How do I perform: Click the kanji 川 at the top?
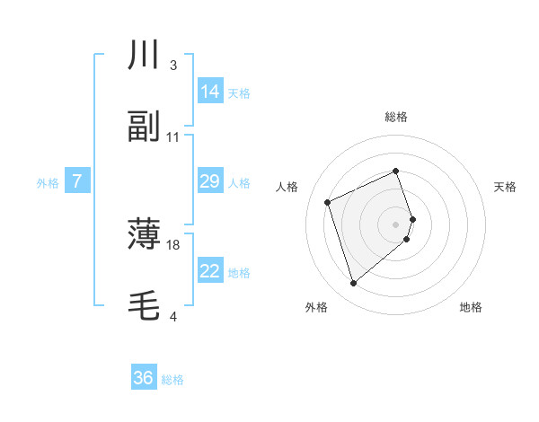pos(144,56)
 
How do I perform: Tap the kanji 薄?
pos(144,235)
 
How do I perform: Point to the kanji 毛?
pos(144,306)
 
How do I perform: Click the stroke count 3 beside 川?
pos(172,66)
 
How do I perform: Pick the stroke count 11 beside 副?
pos(173,137)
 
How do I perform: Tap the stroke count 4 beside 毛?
pos(172,317)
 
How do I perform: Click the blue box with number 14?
pos(210,92)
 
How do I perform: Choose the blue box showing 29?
pos(210,181)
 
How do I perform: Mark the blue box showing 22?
pos(210,271)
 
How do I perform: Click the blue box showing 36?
pos(144,378)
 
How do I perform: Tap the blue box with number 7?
pos(77,181)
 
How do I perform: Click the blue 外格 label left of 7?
pos(48,182)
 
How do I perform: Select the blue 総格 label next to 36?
pos(172,379)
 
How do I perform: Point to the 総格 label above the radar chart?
pos(396,117)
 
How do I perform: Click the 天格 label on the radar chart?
pos(506,187)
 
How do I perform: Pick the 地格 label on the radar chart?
pos(471,307)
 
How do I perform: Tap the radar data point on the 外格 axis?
pos(353,284)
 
